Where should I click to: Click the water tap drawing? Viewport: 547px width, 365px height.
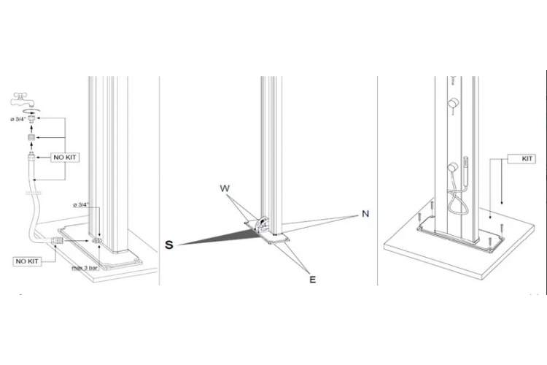coord(23,99)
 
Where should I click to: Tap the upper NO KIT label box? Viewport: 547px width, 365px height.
coord(64,158)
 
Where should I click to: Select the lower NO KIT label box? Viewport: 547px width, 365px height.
coord(27,261)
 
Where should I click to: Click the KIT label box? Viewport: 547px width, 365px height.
coord(521,159)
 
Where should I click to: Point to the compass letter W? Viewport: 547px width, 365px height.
coord(225,188)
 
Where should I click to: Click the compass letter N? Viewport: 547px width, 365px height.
coord(365,214)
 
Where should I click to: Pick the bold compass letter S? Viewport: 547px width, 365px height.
coord(169,245)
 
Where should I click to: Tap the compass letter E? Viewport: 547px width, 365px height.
coord(313,280)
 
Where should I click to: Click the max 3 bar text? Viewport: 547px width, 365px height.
coord(85,268)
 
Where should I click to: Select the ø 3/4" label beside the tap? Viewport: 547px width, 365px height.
coord(18,119)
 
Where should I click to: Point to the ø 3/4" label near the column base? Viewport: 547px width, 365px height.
coord(81,204)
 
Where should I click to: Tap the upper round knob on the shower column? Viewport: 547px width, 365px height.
coord(453,104)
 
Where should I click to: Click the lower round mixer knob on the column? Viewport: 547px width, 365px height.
coord(453,167)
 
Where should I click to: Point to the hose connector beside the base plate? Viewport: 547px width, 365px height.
coord(57,241)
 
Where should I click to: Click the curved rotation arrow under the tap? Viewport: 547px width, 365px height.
coord(31,112)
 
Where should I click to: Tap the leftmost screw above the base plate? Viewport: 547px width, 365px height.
coord(419,219)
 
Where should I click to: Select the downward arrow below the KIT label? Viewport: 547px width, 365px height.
coord(502,182)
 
